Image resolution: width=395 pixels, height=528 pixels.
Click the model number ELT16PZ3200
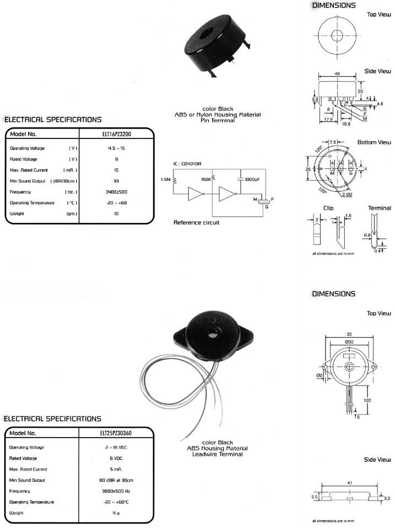tap(116, 134)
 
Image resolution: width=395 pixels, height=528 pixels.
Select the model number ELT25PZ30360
tap(116, 433)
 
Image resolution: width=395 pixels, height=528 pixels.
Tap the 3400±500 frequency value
tap(116, 192)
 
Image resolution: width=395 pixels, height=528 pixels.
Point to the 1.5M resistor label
tap(166, 180)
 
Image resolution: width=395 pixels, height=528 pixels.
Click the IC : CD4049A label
tap(187, 164)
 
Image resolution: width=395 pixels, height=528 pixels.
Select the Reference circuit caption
tap(196, 222)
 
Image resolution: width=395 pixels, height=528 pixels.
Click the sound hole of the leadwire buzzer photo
tap(211, 334)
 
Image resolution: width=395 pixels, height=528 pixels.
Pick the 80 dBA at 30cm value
tap(116, 480)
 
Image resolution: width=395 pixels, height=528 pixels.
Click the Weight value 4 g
tap(116, 513)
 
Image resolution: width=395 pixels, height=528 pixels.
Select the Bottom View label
tap(374, 142)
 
